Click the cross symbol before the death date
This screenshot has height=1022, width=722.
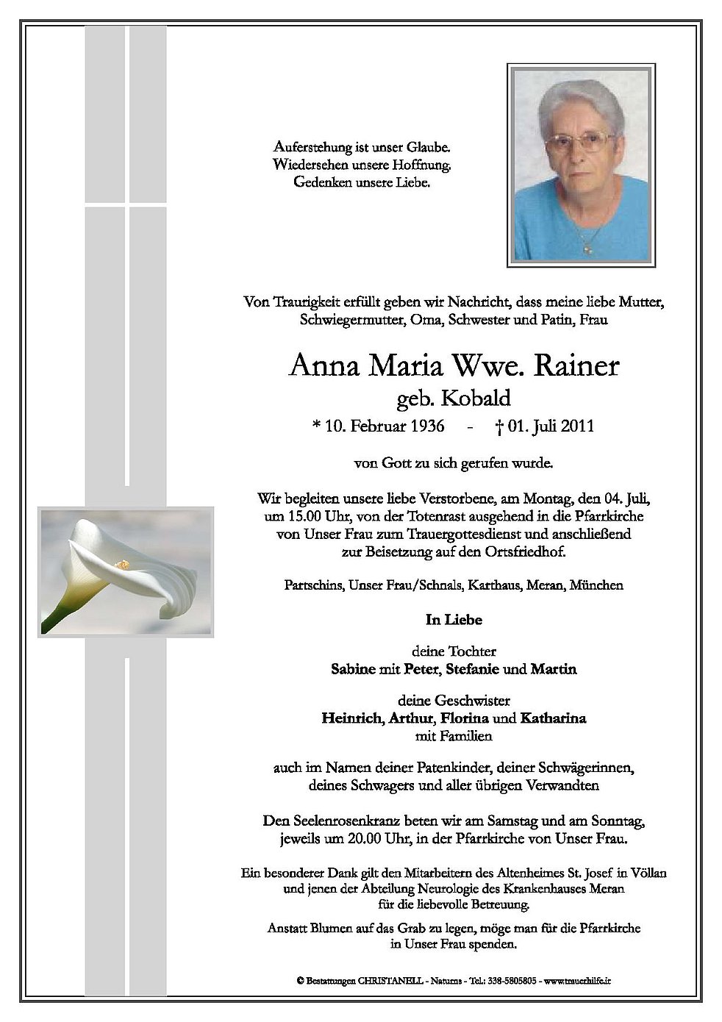[x=499, y=426]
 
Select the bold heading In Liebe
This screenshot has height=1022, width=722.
[x=454, y=620]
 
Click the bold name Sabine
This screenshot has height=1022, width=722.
[x=354, y=670]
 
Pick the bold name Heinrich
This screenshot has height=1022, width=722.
[x=351, y=718]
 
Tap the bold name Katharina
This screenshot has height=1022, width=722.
[x=553, y=718]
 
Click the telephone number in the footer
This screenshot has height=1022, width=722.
[x=515, y=981]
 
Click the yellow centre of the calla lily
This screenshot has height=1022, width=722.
[x=121, y=565]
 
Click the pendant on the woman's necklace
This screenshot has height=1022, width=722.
[x=587, y=249]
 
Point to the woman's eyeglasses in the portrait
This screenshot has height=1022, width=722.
[x=581, y=141]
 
